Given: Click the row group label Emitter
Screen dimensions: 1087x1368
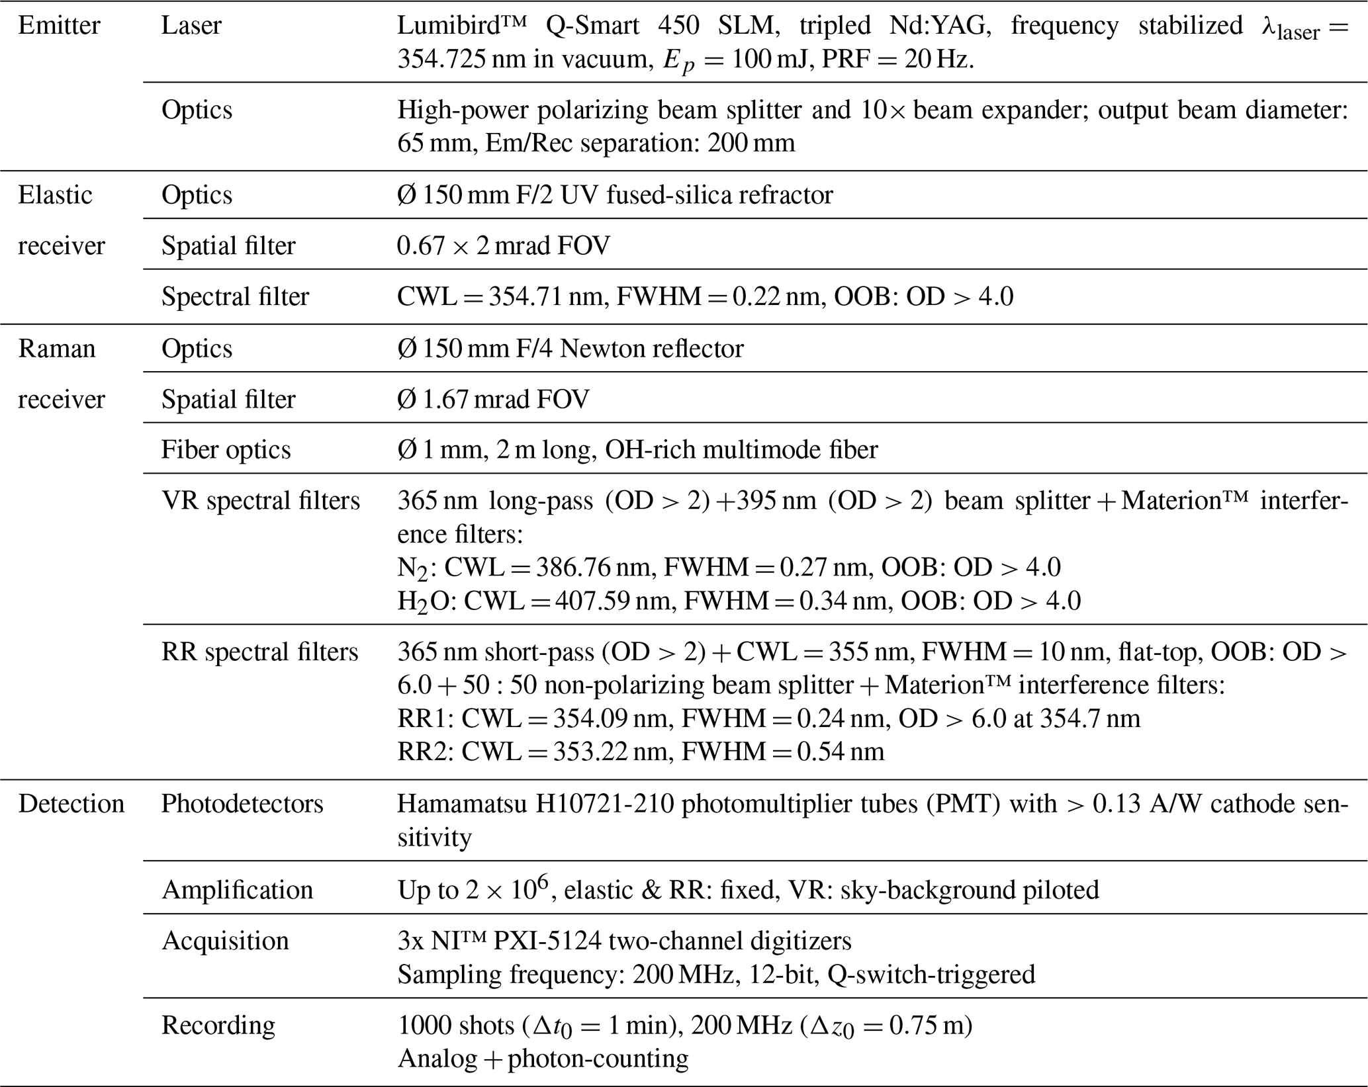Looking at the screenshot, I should click(x=59, y=26).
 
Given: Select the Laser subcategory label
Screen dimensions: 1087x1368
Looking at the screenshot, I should click(x=191, y=26).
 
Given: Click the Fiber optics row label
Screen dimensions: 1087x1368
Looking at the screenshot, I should click(x=226, y=450).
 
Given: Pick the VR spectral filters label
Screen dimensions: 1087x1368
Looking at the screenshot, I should click(x=261, y=501).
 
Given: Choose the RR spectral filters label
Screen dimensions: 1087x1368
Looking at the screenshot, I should click(x=259, y=652).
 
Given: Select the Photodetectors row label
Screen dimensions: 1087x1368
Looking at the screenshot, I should click(x=242, y=804).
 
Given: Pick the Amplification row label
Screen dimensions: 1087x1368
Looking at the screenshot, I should click(x=237, y=890).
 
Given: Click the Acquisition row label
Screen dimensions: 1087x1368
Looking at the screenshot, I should click(x=225, y=941).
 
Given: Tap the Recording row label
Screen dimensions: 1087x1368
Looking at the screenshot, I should click(x=218, y=1025).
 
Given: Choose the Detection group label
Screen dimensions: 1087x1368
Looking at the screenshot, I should click(x=71, y=804).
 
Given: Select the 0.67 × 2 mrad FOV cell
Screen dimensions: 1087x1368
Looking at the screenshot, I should click(x=503, y=246).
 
